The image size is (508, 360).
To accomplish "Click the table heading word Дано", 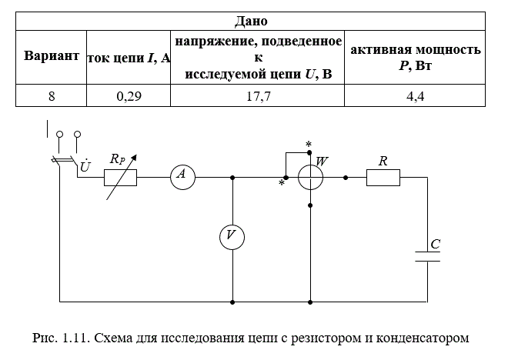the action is tap(251, 21).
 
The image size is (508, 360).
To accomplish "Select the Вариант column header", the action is tap(52, 55).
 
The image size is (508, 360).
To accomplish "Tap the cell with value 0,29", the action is tap(129, 96).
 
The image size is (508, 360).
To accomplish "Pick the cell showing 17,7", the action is tap(258, 96).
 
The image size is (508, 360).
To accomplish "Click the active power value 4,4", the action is tap(415, 96).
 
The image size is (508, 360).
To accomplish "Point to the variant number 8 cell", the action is tap(52, 96).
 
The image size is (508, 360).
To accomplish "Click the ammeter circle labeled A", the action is tap(182, 177).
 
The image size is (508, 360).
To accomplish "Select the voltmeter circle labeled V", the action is tap(232, 237).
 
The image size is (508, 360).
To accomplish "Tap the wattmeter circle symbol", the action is tap(310, 177).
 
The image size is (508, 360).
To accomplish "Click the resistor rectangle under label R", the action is tap(383, 178).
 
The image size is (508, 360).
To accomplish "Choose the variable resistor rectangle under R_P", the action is tap(120, 178).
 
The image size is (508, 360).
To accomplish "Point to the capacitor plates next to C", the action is tap(427, 256).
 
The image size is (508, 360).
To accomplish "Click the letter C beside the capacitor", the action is tap(436, 244).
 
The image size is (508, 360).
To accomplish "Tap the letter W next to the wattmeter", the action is tap(322, 162).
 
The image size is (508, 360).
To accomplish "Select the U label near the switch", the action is tap(85, 165).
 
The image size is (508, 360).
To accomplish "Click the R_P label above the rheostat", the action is tap(117, 159).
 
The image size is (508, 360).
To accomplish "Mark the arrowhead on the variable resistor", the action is tap(134, 158).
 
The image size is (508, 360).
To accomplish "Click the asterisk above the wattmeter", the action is tap(309, 145).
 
